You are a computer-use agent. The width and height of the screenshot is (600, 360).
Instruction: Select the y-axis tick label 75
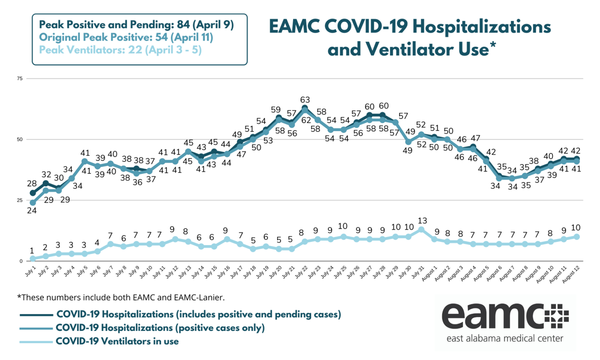(x=20, y=78)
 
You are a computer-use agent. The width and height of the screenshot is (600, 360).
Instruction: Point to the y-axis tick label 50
(x=20, y=139)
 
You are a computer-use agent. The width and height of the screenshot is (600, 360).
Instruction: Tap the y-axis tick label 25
(x=20, y=200)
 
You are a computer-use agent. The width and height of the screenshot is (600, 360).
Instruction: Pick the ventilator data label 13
(x=421, y=220)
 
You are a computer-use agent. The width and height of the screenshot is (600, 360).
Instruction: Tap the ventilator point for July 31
(x=421, y=229)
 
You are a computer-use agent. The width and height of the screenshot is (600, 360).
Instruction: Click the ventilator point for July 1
(x=33, y=258)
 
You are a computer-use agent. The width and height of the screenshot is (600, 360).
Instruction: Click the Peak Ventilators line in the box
(x=120, y=50)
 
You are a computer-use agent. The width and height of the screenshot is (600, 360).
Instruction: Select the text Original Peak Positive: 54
(x=126, y=37)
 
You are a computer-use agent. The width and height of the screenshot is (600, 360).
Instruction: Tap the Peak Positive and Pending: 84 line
(x=136, y=25)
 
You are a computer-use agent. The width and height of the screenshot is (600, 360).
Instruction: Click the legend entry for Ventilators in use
(x=117, y=341)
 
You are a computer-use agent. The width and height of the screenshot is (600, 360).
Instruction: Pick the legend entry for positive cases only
(x=160, y=328)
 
